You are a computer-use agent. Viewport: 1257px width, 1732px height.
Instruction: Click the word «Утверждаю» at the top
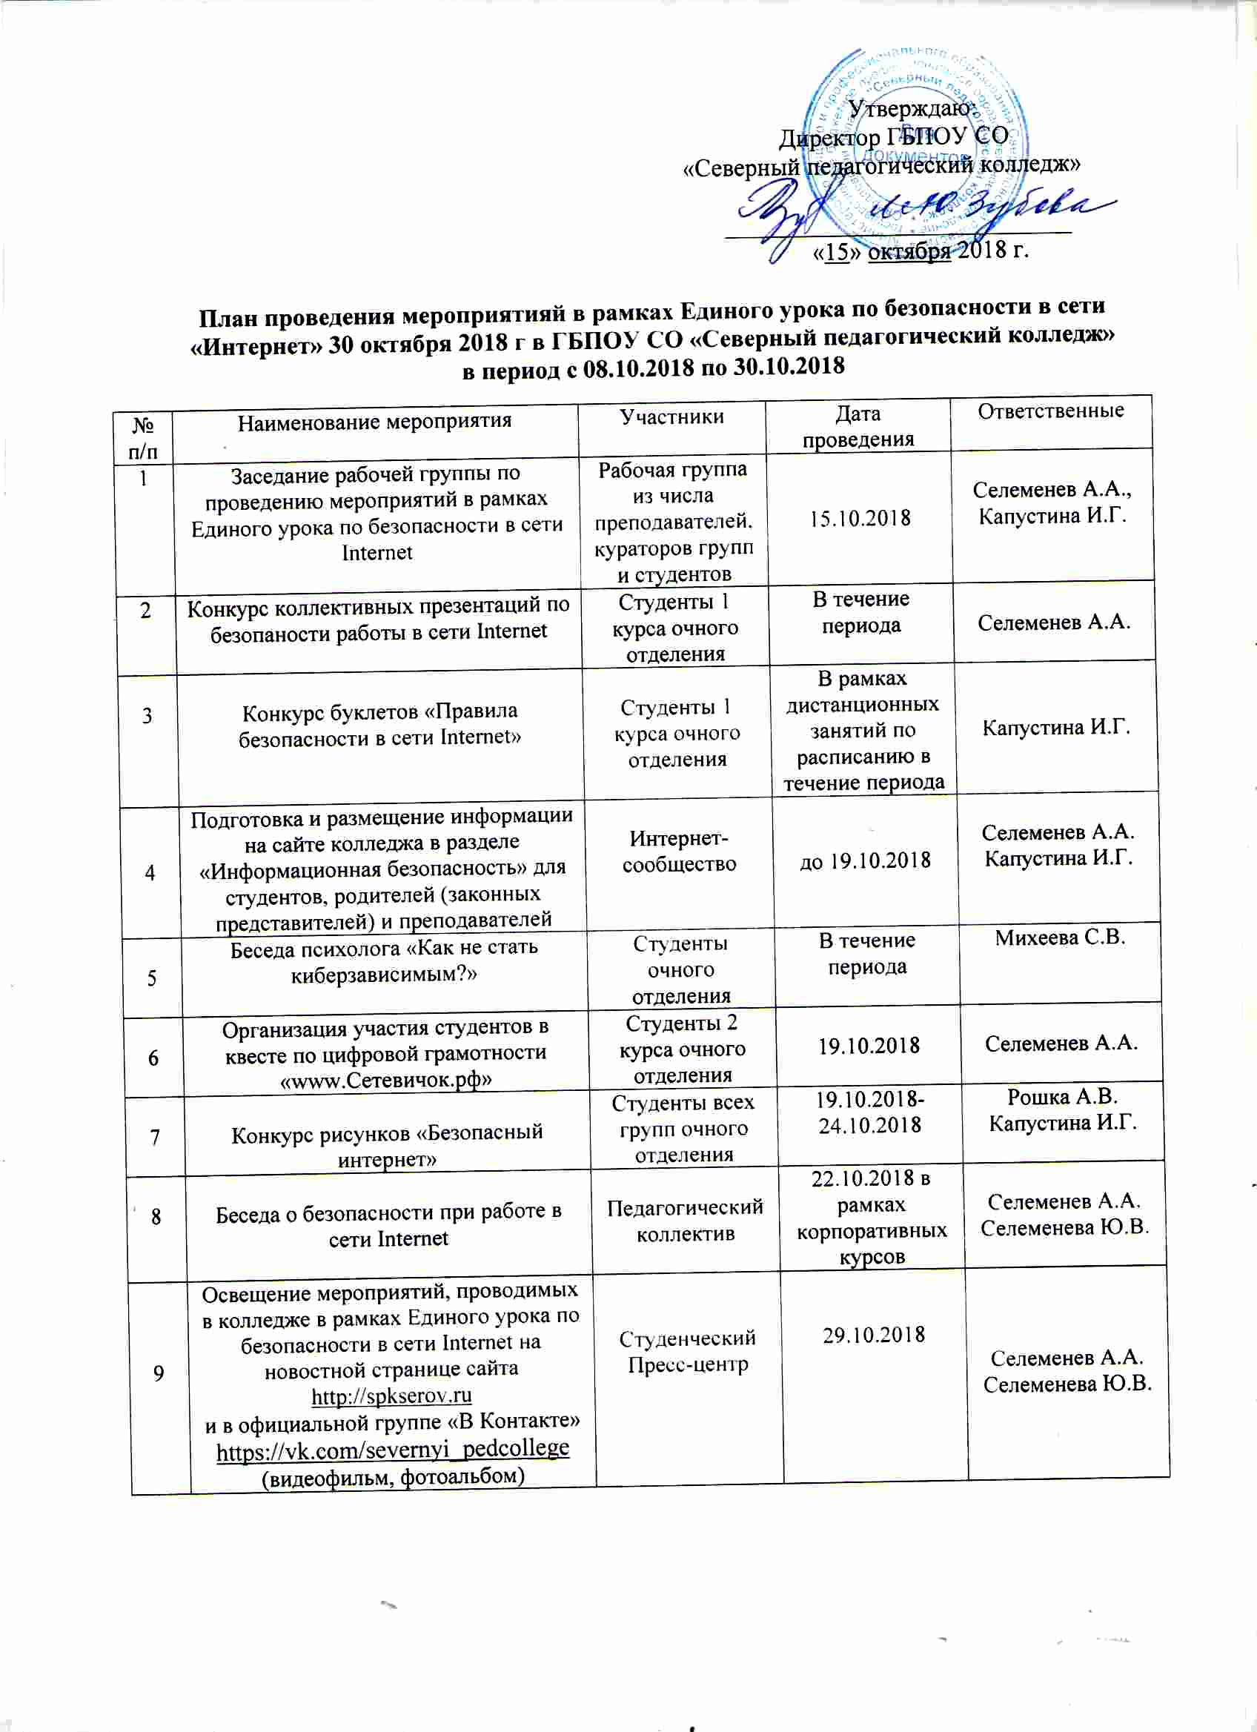pyautogui.click(x=909, y=109)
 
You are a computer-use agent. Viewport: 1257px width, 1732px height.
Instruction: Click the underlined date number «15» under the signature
pyautogui.click(x=838, y=252)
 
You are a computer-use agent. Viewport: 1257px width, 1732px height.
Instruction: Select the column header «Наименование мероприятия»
pyautogui.click(x=374, y=422)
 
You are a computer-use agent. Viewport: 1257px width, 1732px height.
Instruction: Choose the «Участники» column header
pyautogui.click(x=671, y=417)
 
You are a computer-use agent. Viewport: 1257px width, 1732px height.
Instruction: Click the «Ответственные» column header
pyautogui.click(x=1051, y=411)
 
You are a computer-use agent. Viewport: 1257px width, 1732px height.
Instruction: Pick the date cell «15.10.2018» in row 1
pyautogui.click(x=860, y=518)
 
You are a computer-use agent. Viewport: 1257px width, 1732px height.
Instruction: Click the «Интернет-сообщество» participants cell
pyautogui.click(x=679, y=852)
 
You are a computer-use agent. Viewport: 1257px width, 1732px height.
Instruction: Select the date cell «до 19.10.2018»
pyautogui.click(x=864, y=860)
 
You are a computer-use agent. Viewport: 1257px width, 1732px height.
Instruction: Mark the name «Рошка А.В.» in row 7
pyautogui.click(x=1062, y=1098)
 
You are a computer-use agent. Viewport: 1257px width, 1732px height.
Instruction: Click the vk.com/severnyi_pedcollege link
pyautogui.click(x=393, y=1449)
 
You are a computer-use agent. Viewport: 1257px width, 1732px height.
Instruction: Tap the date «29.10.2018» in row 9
pyautogui.click(x=874, y=1335)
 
